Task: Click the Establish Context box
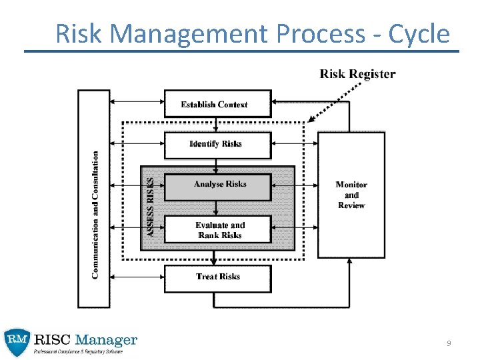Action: [x=217, y=104]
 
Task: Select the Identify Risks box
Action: [x=217, y=145]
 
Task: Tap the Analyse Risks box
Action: [x=218, y=186]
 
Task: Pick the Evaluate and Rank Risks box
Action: [x=218, y=230]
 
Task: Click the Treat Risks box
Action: [x=218, y=277]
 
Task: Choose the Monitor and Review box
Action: [x=351, y=195]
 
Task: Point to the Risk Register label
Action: [x=357, y=74]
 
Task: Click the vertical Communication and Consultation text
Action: [x=95, y=215]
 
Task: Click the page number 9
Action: [x=449, y=343]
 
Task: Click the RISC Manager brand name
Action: [x=86, y=341]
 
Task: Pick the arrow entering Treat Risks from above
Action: [x=215, y=257]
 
